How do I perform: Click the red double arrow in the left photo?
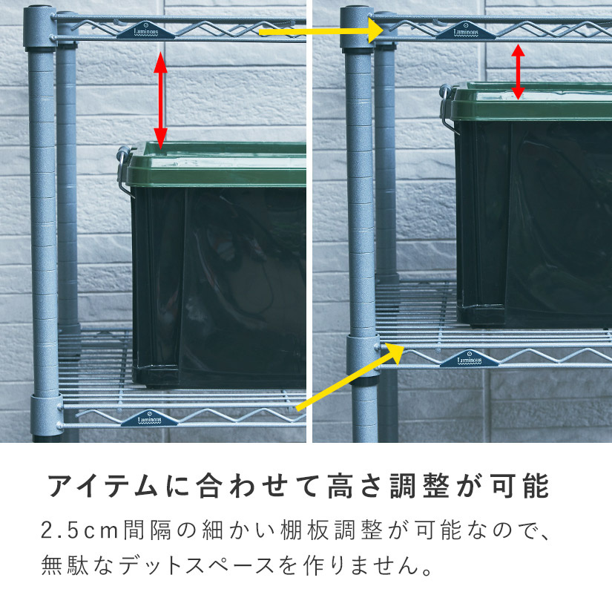point(160,101)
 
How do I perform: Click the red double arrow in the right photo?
point(518,72)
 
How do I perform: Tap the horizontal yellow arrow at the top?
point(321,30)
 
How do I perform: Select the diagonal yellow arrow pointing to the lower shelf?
point(349,377)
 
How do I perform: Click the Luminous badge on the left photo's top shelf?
point(145,31)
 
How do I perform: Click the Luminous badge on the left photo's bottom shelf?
point(149,419)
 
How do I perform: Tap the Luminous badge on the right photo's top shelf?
point(465,31)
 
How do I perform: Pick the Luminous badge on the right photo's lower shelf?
point(469,359)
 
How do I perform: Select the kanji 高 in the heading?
point(340,487)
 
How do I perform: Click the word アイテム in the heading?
point(103,487)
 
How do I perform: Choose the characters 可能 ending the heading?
point(520,487)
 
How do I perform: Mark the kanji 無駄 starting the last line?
point(65,565)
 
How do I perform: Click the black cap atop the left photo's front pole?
point(38,7)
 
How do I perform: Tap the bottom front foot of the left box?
point(156,376)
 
